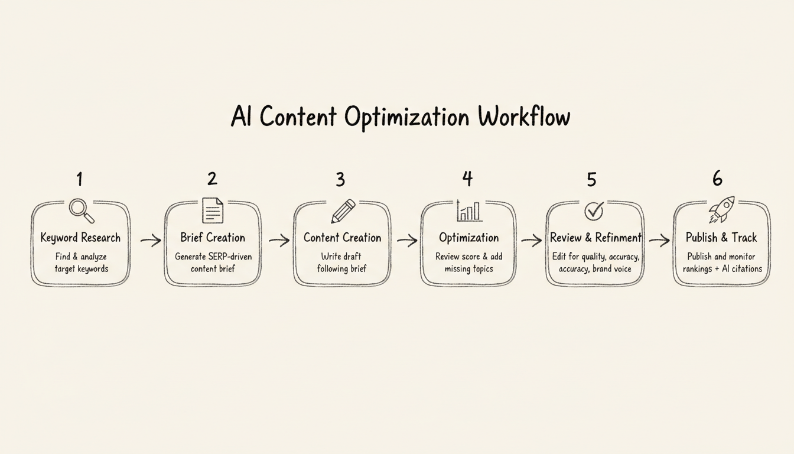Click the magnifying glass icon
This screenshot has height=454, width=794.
point(81,210)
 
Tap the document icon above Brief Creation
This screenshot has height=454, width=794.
point(213,210)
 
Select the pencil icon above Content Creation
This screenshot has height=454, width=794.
point(343,211)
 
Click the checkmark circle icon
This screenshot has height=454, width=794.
point(594,210)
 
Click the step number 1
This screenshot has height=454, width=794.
point(80,178)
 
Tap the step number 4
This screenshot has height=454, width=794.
point(467,178)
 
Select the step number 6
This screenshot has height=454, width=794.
point(717,178)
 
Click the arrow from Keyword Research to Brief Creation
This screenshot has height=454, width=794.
point(151,240)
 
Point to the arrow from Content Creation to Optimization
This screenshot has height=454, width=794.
point(406,241)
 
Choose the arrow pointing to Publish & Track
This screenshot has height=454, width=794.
point(659,240)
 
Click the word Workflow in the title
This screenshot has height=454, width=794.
point(524,117)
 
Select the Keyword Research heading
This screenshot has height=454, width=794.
point(80,238)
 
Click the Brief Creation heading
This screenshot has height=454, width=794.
point(213,238)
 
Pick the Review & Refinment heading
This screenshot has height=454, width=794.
point(595,238)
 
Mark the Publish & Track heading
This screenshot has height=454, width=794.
point(721,238)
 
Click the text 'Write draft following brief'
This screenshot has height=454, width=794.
point(341,262)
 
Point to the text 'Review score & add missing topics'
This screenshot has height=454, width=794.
point(468,262)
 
